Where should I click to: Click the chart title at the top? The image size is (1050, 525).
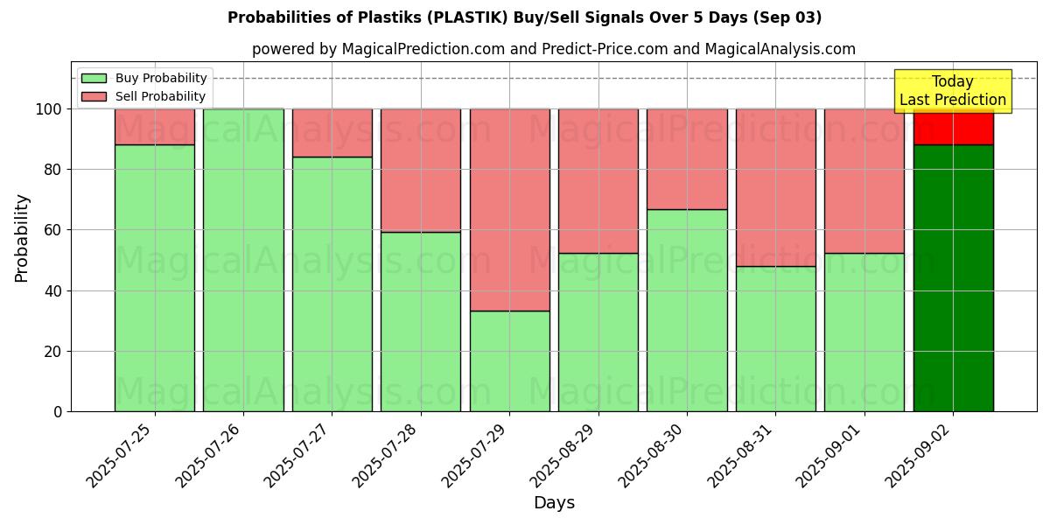524,17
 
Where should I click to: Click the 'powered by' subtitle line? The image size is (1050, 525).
553,49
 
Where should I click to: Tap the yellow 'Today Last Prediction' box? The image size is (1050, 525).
953,91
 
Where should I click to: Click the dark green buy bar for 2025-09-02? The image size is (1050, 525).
953,278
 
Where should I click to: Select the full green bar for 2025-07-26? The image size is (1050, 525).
243,260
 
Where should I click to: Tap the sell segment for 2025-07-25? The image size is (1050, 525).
155,127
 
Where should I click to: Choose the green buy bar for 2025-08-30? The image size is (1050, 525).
687,310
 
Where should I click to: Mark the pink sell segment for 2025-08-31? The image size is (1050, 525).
775,187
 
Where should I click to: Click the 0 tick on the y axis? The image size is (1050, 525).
59,411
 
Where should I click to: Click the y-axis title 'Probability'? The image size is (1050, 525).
22,238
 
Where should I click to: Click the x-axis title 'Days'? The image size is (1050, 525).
554,503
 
